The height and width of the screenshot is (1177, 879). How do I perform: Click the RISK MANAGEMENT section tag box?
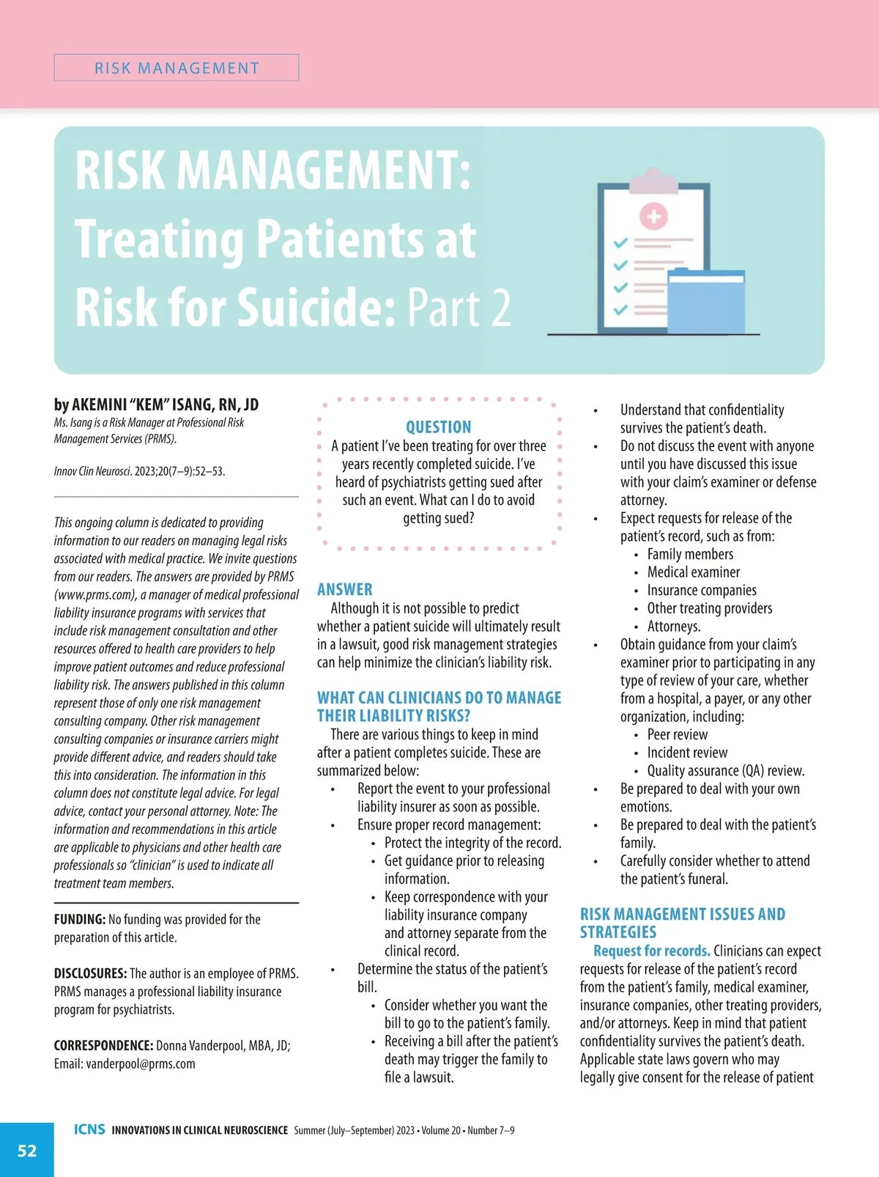click(177, 68)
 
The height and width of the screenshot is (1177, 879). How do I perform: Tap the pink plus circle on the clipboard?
click(653, 216)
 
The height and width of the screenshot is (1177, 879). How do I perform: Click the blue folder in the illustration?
click(705, 302)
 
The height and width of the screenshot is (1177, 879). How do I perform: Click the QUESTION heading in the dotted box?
click(439, 427)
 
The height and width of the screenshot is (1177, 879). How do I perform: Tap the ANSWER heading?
click(344, 589)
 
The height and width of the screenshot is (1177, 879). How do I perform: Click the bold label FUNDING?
click(80, 919)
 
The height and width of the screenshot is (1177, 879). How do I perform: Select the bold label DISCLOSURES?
click(90, 973)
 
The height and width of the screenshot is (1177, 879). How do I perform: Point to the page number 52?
click(27, 1151)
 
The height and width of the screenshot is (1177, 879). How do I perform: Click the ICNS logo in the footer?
click(89, 1129)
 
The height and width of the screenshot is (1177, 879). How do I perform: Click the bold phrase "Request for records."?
click(651, 951)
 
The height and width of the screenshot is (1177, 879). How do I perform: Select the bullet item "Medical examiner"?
click(693, 572)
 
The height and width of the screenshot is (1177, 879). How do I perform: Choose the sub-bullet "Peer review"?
click(677, 734)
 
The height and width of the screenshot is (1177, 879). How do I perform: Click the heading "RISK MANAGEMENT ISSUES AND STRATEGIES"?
click(682, 923)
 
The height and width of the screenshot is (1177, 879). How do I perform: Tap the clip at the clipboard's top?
click(653, 179)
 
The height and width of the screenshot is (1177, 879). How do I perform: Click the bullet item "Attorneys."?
click(673, 626)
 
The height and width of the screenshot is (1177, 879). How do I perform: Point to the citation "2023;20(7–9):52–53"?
click(179, 471)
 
